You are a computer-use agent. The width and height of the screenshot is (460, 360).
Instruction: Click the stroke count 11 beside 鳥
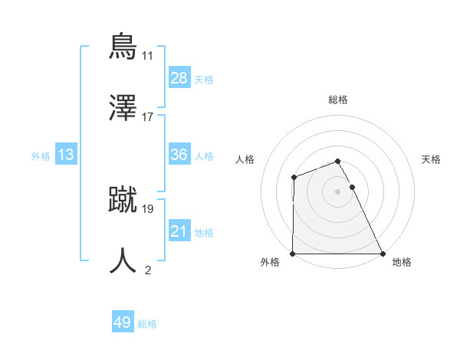pyautogui.click(x=147, y=56)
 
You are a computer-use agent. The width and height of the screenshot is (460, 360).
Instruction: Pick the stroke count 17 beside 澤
pyautogui.click(x=147, y=117)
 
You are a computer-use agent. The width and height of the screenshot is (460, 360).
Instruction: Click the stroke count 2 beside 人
pyautogui.click(x=147, y=270)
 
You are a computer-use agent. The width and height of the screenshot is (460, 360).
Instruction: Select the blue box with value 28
pyautogui.click(x=179, y=78)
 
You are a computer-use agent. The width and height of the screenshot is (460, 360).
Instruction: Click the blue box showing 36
pyautogui.click(x=179, y=155)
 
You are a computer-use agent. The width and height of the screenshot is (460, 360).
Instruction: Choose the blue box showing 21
pyautogui.click(x=179, y=231)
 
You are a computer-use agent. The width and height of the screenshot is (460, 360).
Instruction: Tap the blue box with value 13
pyautogui.click(x=66, y=155)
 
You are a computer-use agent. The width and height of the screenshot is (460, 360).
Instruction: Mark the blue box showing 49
pyautogui.click(x=123, y=322)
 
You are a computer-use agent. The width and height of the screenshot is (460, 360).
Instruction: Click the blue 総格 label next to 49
pyautogui.click(x=147, y=324)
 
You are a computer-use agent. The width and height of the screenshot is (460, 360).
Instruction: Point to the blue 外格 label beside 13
pyautogui.click(x=41, y=156)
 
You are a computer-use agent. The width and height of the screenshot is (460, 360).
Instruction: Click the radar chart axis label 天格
pyautogui.click(x=432, y=159)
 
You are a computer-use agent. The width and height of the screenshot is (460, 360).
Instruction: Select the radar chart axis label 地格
pyautogui.click(x=402, y=263)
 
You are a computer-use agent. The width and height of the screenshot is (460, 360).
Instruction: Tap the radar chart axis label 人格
pyautogui.click(x=245, y=159)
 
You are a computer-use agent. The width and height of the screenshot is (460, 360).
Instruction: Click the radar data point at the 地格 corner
pyautogui.click(x=383, y=254)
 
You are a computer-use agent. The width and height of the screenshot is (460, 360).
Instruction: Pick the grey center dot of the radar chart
pyautogui.click(x=338, y=191)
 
